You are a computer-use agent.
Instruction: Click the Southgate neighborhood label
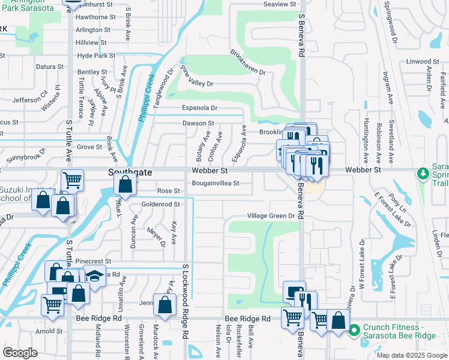(130, 172)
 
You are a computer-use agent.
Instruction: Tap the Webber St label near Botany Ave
(208, 171)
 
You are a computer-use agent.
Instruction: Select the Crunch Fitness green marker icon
(354, 330)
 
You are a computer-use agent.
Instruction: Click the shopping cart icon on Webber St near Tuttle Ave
(72, 179)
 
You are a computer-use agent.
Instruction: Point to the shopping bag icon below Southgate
(125, 184)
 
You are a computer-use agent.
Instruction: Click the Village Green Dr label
(271, 215)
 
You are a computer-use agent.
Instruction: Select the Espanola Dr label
(200, 108)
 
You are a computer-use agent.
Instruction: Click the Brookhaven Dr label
(247, 62)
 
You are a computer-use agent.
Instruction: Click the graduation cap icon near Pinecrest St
(94, 276)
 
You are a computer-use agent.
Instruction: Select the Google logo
(20, 353)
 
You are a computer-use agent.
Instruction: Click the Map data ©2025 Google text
(411, 355)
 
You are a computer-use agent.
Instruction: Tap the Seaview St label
(280, 4)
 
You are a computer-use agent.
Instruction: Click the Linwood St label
(423, 61)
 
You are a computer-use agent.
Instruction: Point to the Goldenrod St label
(161, 205)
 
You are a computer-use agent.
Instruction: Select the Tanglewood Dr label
(163, 88)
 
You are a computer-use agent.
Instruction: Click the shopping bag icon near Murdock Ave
(164, 305)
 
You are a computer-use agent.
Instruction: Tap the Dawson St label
(198, 123)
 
